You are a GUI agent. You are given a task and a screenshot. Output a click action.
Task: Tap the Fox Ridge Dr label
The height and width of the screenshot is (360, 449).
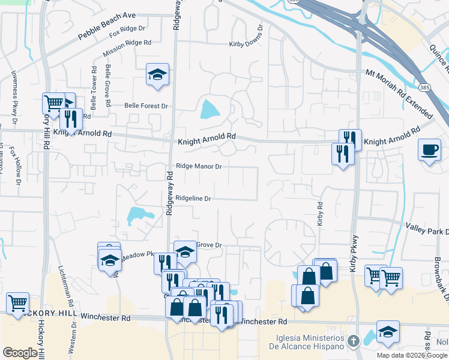(128, 28)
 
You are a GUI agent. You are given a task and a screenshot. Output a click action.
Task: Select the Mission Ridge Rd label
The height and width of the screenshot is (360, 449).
(127, 44)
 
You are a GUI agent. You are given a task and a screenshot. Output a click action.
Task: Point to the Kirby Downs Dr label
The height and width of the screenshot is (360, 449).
(246, 44)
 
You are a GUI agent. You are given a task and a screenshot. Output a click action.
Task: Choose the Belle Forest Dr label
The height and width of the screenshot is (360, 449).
(146, 106)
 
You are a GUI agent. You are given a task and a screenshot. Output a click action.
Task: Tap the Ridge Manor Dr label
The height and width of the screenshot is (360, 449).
(199, 167)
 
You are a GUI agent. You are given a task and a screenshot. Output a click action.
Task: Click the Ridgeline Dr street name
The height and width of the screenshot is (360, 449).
(193, 198)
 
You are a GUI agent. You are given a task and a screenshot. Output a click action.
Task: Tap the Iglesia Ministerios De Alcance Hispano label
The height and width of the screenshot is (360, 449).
(309, 342)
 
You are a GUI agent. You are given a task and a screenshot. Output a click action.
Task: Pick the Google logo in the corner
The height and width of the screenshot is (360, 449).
(20, 353)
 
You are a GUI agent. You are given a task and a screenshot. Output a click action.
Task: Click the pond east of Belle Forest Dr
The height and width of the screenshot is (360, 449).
(209, 109)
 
